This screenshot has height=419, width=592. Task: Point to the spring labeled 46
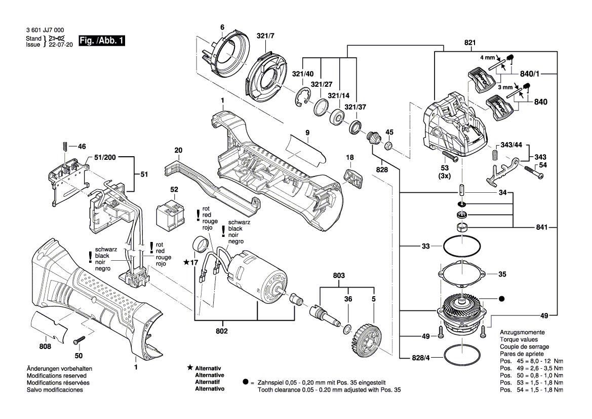click(x=65, y=147)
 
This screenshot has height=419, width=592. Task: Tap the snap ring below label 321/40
click(x=302, y=97)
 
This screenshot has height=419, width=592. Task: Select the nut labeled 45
click(x=389, y=147)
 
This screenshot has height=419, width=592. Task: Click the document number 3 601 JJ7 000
click(x=45, y=31)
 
